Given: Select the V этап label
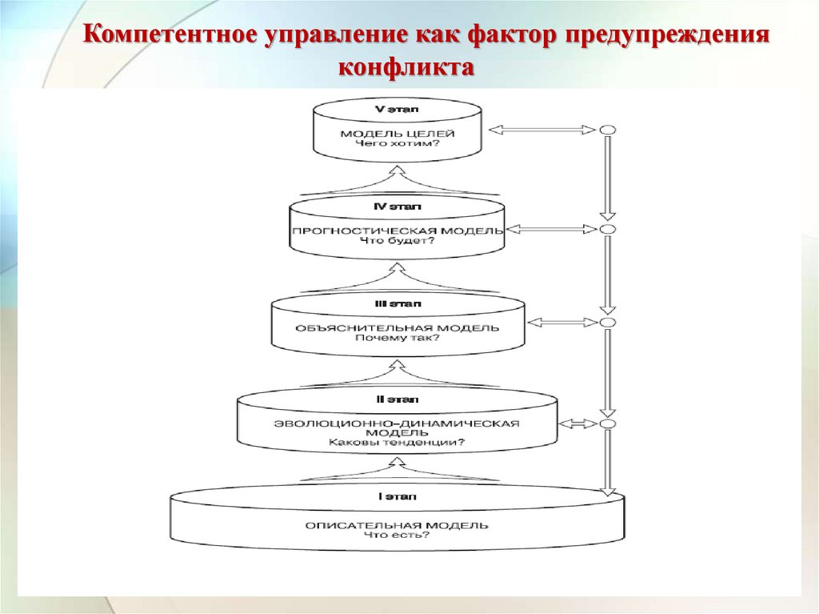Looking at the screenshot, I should point(397,108).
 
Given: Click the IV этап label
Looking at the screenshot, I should point(398,207).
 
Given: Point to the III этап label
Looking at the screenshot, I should point(398,304).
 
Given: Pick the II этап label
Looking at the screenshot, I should point(398,399).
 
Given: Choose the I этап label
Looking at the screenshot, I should point(398,497).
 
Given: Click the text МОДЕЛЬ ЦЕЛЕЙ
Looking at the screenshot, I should point(398,134).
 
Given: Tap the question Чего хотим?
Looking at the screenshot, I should point(398,144).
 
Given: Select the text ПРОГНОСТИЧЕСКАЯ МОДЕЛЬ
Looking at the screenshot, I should point(398,231).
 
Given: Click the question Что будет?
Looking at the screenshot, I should point(398,241).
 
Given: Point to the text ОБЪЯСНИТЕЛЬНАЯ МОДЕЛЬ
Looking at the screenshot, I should point(398,327).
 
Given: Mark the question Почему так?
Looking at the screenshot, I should point(398,338).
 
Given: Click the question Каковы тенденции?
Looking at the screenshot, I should point(398,442).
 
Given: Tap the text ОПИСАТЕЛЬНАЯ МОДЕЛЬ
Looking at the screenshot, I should point(398,525).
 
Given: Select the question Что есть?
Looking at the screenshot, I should point(398,536).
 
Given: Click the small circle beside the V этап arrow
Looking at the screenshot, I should point(607,130).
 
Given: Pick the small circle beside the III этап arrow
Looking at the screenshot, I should point(607,323).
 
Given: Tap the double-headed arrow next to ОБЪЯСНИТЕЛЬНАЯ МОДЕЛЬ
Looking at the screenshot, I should point(557,323).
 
